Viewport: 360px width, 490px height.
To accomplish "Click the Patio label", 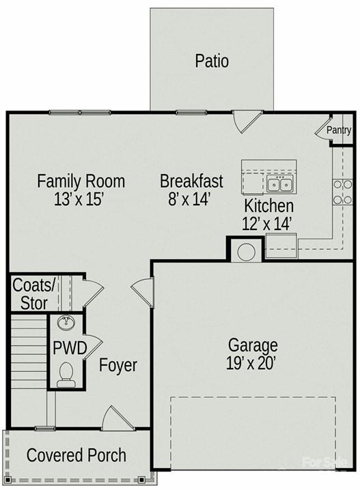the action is pos(212,61).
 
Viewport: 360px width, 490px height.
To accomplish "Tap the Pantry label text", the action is pos(339,130).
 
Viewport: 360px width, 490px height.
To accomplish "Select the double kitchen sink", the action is pos(279,184).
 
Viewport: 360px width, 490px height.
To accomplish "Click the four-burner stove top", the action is pos(342,192).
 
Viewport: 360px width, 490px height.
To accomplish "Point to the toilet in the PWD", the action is pos(66,375).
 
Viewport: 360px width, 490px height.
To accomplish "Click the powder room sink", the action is pos(66,323).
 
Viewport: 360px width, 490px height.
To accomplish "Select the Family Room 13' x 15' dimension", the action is pos(79,199).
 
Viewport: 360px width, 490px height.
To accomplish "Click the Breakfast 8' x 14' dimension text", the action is pos(189,199).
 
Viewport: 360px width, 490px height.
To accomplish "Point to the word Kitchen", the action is pos(268,206).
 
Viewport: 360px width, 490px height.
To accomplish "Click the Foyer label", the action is pos(118,366).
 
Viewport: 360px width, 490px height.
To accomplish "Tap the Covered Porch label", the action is pos(77,455).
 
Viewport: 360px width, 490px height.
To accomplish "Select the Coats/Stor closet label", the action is pos(33,294).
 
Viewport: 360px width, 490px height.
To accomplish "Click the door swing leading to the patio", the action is pos(247,121).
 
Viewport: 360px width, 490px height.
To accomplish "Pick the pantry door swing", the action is pos(323,129).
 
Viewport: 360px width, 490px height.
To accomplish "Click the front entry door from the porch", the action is pos(118,418).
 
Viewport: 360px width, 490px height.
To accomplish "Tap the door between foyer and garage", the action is pos(142,293).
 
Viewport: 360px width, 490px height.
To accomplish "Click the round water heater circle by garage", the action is pos(246,252).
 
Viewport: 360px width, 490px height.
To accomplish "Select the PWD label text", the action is pos(70,348).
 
